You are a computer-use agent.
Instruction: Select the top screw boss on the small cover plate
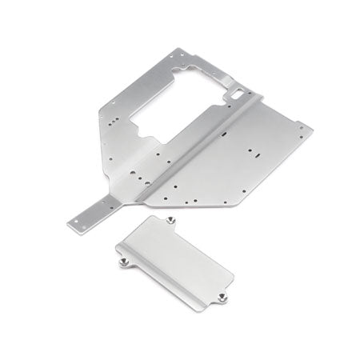(172, 220)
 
